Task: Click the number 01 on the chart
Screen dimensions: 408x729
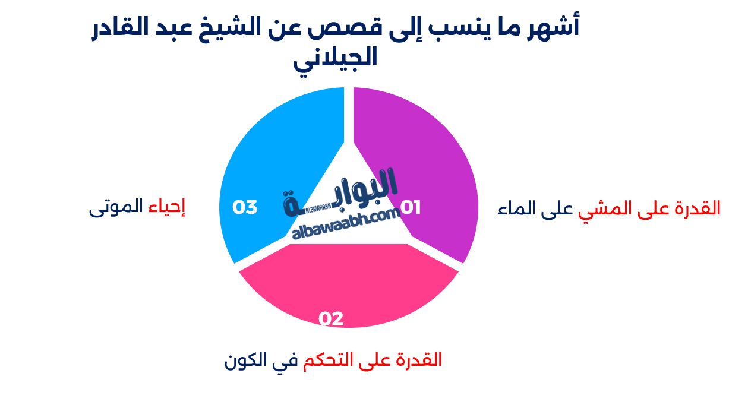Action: point(411,207)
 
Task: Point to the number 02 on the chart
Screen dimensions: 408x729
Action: point(331,319)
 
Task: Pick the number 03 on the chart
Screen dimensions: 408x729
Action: point(245,207)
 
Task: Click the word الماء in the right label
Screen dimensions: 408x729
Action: point(517,208)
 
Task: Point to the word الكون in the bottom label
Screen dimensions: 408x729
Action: point(244,360)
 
